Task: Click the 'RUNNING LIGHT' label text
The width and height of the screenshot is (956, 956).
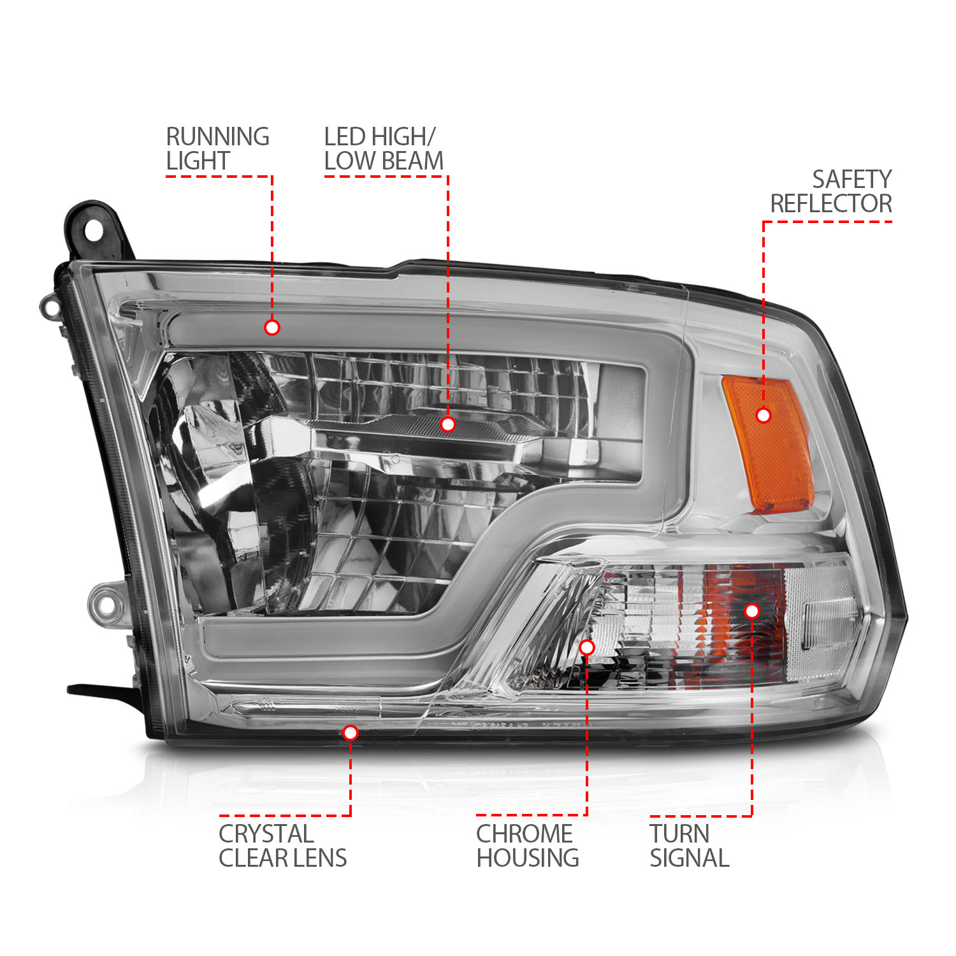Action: tap(217, 148)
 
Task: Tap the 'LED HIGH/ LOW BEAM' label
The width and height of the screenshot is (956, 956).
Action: tap(383, 148)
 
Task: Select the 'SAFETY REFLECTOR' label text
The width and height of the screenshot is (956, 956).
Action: tap(831, 191)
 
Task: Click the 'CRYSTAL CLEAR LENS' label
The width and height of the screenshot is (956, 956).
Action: tap(282, 846)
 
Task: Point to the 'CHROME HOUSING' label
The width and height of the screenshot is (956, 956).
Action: tap(527, 846)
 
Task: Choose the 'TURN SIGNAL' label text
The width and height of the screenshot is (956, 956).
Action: tap(689, 846)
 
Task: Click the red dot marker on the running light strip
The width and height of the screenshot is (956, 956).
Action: tap(272, 328)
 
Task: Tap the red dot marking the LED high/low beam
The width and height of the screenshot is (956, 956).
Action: tap(448, 424)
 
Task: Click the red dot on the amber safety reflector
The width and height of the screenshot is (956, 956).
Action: tap(763, 416)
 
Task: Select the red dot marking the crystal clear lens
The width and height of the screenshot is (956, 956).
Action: tap(350, 733)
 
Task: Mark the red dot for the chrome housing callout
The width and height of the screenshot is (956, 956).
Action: tap(587, 648)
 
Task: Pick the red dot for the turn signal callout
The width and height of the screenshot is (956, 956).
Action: tap(752, 611)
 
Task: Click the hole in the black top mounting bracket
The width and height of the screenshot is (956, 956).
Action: tap(93, 231)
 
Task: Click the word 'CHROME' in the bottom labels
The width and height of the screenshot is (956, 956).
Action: tap(524, 834)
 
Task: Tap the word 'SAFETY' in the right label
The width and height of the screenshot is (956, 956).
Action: tap(851, 179)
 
